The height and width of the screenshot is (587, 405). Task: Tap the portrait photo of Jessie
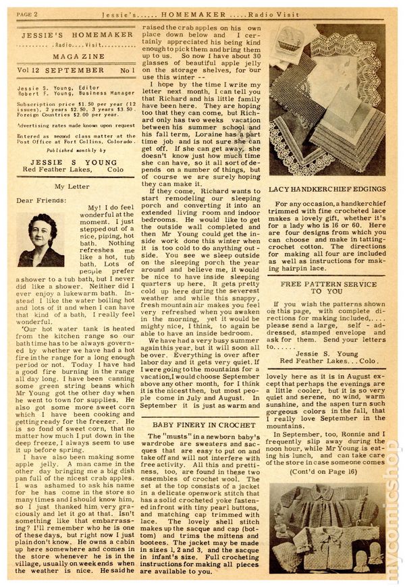[41, 240]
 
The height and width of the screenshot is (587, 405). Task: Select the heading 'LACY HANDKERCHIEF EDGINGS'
[326, 190]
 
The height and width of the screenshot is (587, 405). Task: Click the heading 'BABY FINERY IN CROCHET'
[195, 424]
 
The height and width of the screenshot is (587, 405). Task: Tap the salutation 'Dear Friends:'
[42, 200]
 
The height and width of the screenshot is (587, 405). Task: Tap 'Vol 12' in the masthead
[28, 69]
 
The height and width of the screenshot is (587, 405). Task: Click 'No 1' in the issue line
[118, 69]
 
